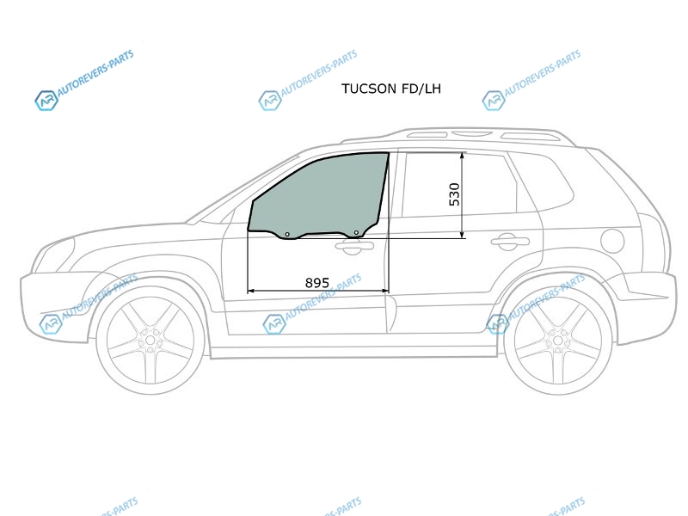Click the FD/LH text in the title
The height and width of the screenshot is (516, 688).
point(421,89)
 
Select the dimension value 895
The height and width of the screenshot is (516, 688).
point(316,283)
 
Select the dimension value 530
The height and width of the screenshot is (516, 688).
point(455,194)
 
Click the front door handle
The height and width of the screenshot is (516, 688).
point(354,247)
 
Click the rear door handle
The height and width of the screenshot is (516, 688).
point(510,242)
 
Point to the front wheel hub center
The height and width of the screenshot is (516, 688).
point(150,341)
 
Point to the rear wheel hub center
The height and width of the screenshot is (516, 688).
point(557,341)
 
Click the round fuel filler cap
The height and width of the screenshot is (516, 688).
point(612,241)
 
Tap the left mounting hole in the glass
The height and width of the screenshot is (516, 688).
point(287,234)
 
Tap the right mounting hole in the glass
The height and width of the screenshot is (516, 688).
point(356,232)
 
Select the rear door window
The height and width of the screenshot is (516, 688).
point(458,185)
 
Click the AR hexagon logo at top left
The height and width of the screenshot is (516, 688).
point(46,101)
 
